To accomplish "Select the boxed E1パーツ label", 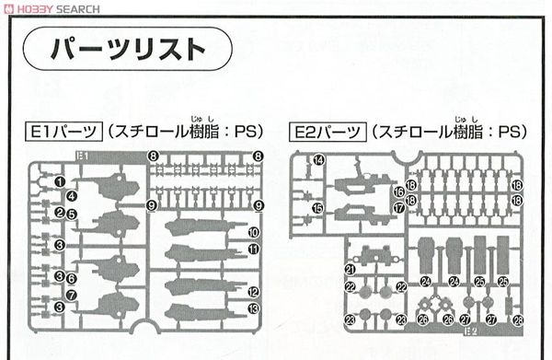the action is tap(59, 131).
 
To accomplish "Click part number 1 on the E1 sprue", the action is tap(60, 181).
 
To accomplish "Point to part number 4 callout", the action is tap(71, 195).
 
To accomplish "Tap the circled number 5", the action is tap(71, 215).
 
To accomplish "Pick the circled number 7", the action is tap(71, 295).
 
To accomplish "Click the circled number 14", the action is tap(318, 160).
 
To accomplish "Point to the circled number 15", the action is tap(317, 208).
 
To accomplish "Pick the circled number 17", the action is tap(398, 208).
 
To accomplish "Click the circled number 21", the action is tap(351, 269).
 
